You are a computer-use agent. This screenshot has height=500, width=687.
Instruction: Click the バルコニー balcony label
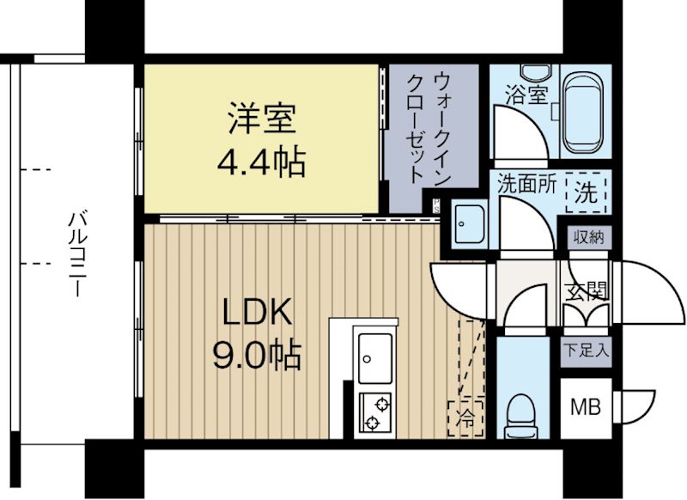pos(75,253)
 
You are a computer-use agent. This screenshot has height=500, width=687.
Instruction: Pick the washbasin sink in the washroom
pos(468,226)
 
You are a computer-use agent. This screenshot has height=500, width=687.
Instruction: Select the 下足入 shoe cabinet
pos(587,351)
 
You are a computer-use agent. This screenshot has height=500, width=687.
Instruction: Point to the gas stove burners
pos(375,412)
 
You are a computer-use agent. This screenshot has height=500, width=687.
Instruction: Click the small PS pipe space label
pos(435,204)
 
